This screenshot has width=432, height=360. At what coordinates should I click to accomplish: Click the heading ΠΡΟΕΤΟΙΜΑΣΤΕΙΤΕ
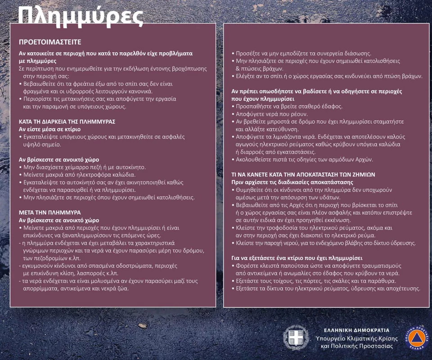pos(50,42)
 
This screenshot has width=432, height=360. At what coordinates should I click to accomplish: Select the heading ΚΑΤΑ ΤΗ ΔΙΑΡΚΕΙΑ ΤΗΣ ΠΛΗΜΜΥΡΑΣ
pos(67,121)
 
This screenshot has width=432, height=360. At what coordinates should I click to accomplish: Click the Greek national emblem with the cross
pos(296,337)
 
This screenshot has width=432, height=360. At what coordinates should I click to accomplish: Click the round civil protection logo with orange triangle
pos(418,337)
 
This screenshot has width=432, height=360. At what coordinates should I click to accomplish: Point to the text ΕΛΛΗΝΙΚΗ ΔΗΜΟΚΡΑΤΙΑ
pos(357,330)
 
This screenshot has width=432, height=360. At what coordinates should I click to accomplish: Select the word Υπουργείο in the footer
pos(332,338)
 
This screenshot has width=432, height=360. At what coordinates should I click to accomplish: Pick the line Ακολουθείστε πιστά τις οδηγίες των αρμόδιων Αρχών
pos(305,159)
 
